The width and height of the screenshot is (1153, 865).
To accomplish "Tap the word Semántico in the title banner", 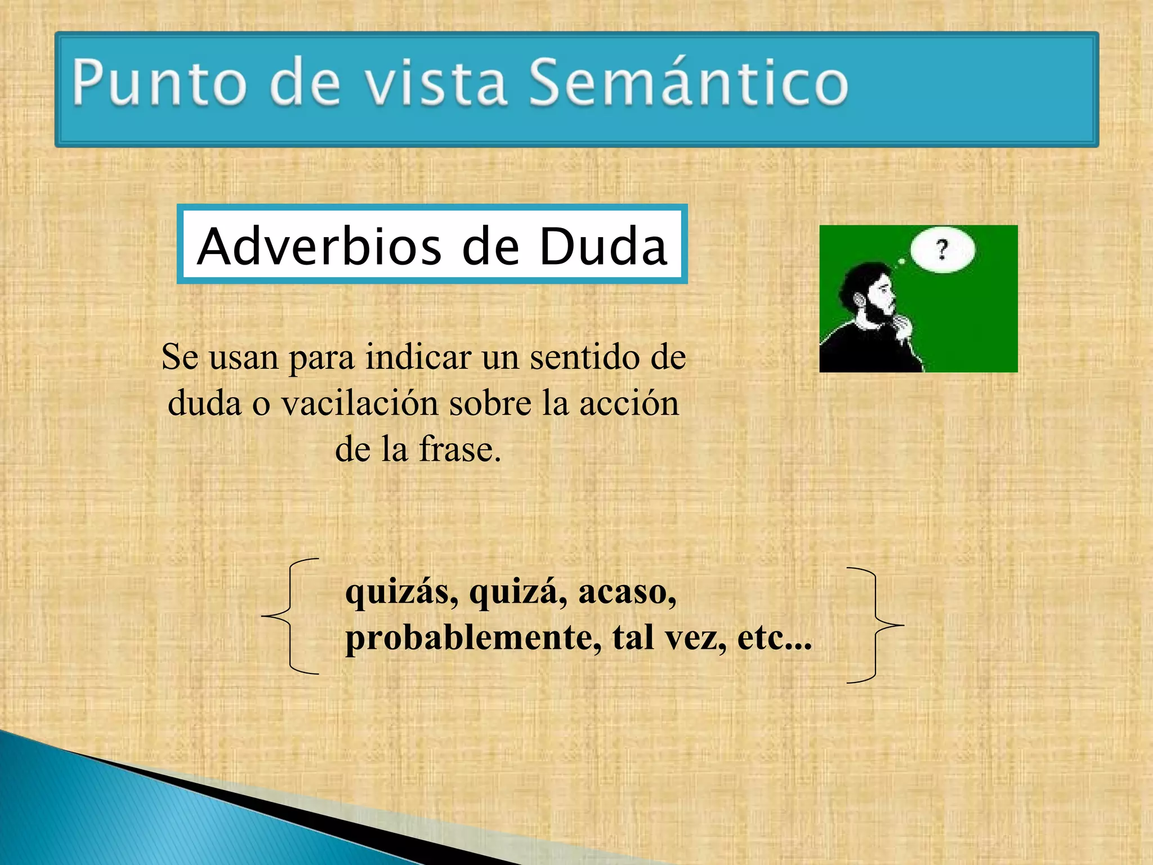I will click(x=688, y=83).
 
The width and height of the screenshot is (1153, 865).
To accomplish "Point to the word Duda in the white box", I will click(x=603, y=246).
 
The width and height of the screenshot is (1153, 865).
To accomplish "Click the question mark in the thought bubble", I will click(x=942, y=249).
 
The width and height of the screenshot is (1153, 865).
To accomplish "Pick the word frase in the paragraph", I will click(x=459, y=449).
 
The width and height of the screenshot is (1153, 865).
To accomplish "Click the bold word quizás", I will click(x=402, y=592).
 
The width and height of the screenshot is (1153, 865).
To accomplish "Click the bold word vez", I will click(x=696, y=638).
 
